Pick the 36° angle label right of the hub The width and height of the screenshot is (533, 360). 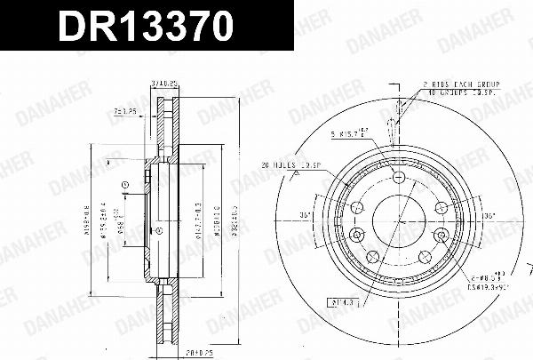pos(486,215)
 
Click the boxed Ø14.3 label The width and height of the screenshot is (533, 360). pos(341,302)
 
